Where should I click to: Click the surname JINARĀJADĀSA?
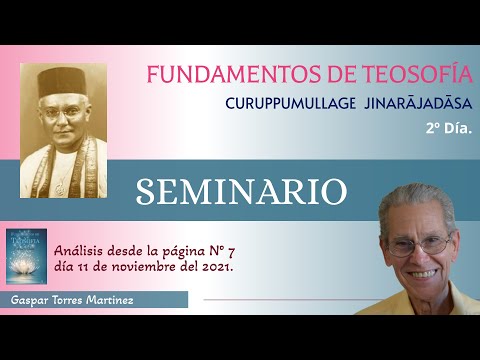tap(415, 103)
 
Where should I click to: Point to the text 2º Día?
tap(446, 128)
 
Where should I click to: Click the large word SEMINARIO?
tap(242, 191)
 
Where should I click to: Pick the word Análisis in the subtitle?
tap(81, 251)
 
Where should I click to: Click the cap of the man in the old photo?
tap(64, 81)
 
